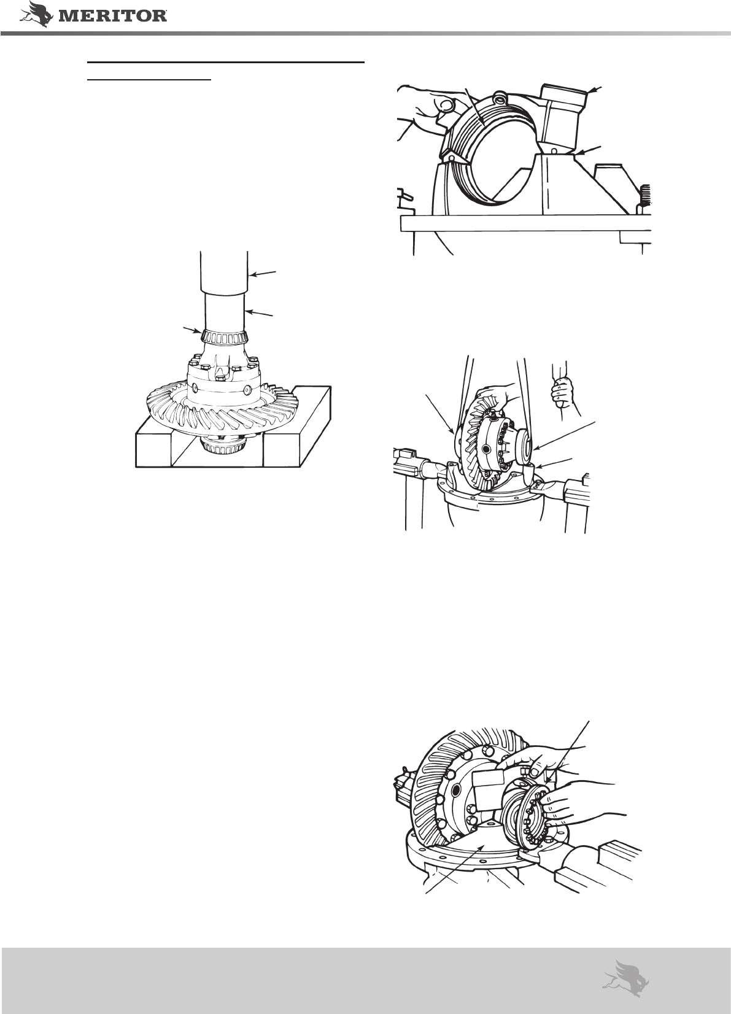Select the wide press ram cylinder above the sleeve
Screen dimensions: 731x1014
pos(224,271)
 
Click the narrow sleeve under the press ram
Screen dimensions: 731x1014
pos(224,311)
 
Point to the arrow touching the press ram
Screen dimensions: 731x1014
pos(263,273)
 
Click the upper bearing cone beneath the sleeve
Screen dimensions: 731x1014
pos(225,336)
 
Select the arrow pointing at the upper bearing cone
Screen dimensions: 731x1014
pos(192,330)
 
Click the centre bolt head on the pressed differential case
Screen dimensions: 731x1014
pos(220,377)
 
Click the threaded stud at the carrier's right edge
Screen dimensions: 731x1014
pos(646,194)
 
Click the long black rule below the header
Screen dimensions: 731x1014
pos(226,61)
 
